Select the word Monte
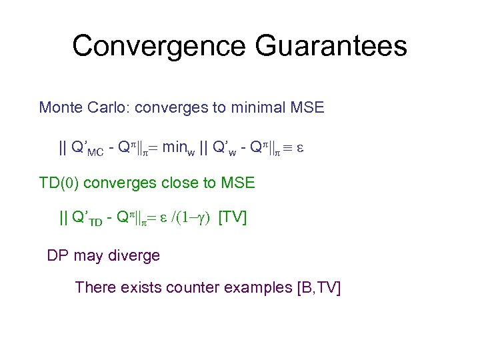tap(60, 107)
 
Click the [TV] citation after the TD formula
tap(233, 217)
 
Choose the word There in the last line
tap(95, 287)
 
